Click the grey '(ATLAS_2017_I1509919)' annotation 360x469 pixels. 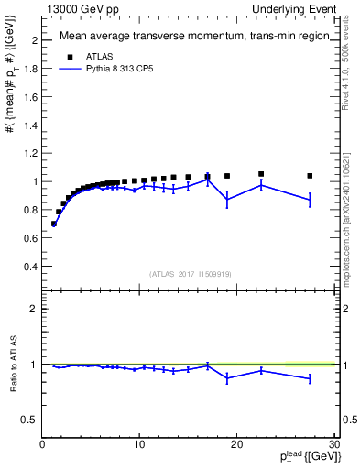[190, 273]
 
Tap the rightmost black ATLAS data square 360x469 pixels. [310, 176]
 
